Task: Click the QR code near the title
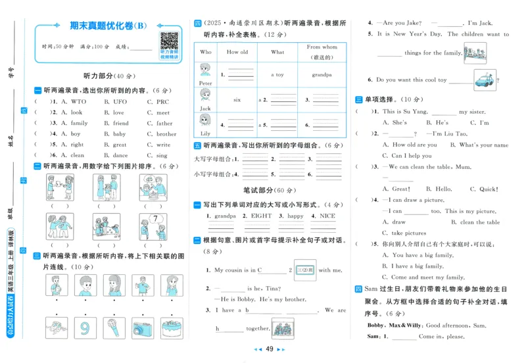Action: click(170, 41)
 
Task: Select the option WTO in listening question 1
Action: click(78, 102)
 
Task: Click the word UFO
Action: click(120, 102)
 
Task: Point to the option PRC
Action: click(162, 102)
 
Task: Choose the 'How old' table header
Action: click(237, 52)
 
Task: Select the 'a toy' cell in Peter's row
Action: click(277, 75)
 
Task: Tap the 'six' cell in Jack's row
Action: click(237, 100)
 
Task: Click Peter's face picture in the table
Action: click(205, 71)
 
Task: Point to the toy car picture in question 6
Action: click(485, 78)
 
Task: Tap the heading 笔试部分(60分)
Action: click(269, 190)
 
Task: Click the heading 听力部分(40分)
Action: click(104, 76)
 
